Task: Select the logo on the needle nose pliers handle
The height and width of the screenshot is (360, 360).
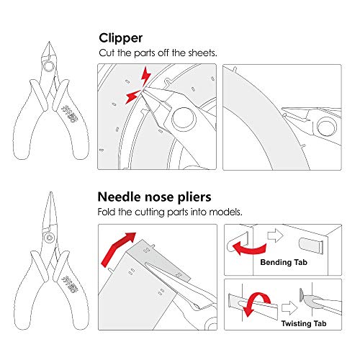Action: click(x=71, y=278)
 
